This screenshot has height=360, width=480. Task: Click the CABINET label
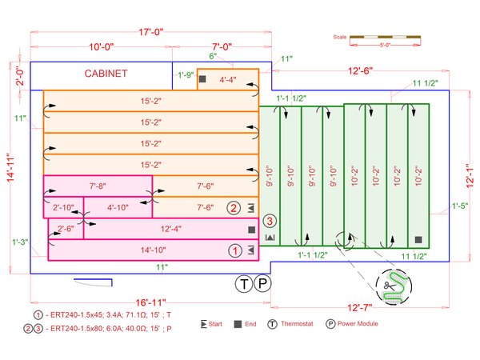106,74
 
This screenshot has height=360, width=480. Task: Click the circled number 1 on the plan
235,250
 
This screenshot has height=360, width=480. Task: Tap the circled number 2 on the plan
234,208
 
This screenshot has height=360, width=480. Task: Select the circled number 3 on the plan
270,221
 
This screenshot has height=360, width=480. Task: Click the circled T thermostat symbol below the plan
244,285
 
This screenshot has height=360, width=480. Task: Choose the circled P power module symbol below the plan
263,285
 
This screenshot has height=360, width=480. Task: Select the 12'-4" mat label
170,230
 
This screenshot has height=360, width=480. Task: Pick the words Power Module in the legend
358,324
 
